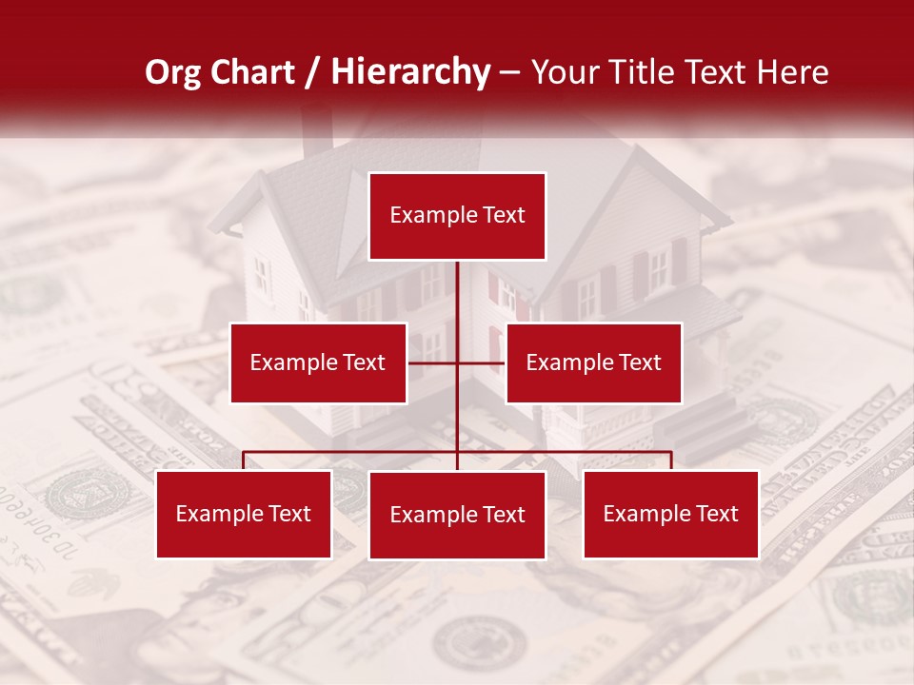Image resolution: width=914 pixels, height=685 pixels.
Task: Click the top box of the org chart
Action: tap(457, 216)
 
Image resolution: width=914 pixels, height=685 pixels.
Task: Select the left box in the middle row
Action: tap(318, 362)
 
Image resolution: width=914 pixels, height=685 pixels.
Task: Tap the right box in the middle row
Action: tap(593, 362)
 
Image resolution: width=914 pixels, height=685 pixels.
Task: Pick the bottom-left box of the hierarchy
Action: tap(244, 514)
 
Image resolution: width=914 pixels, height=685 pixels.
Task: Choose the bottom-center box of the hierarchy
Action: tap(457, 515)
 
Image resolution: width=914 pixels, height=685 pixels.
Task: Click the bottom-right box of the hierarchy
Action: tap(670, 514)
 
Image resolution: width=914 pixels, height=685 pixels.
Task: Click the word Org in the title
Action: tap(173, 72)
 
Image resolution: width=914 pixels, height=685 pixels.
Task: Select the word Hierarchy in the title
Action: tap(410, 72)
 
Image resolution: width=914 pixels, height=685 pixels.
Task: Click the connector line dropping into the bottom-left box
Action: tap(244, 460)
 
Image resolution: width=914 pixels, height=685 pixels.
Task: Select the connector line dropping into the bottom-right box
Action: tap(671, 460)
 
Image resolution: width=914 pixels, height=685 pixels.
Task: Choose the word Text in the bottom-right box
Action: tap(717, 514)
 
